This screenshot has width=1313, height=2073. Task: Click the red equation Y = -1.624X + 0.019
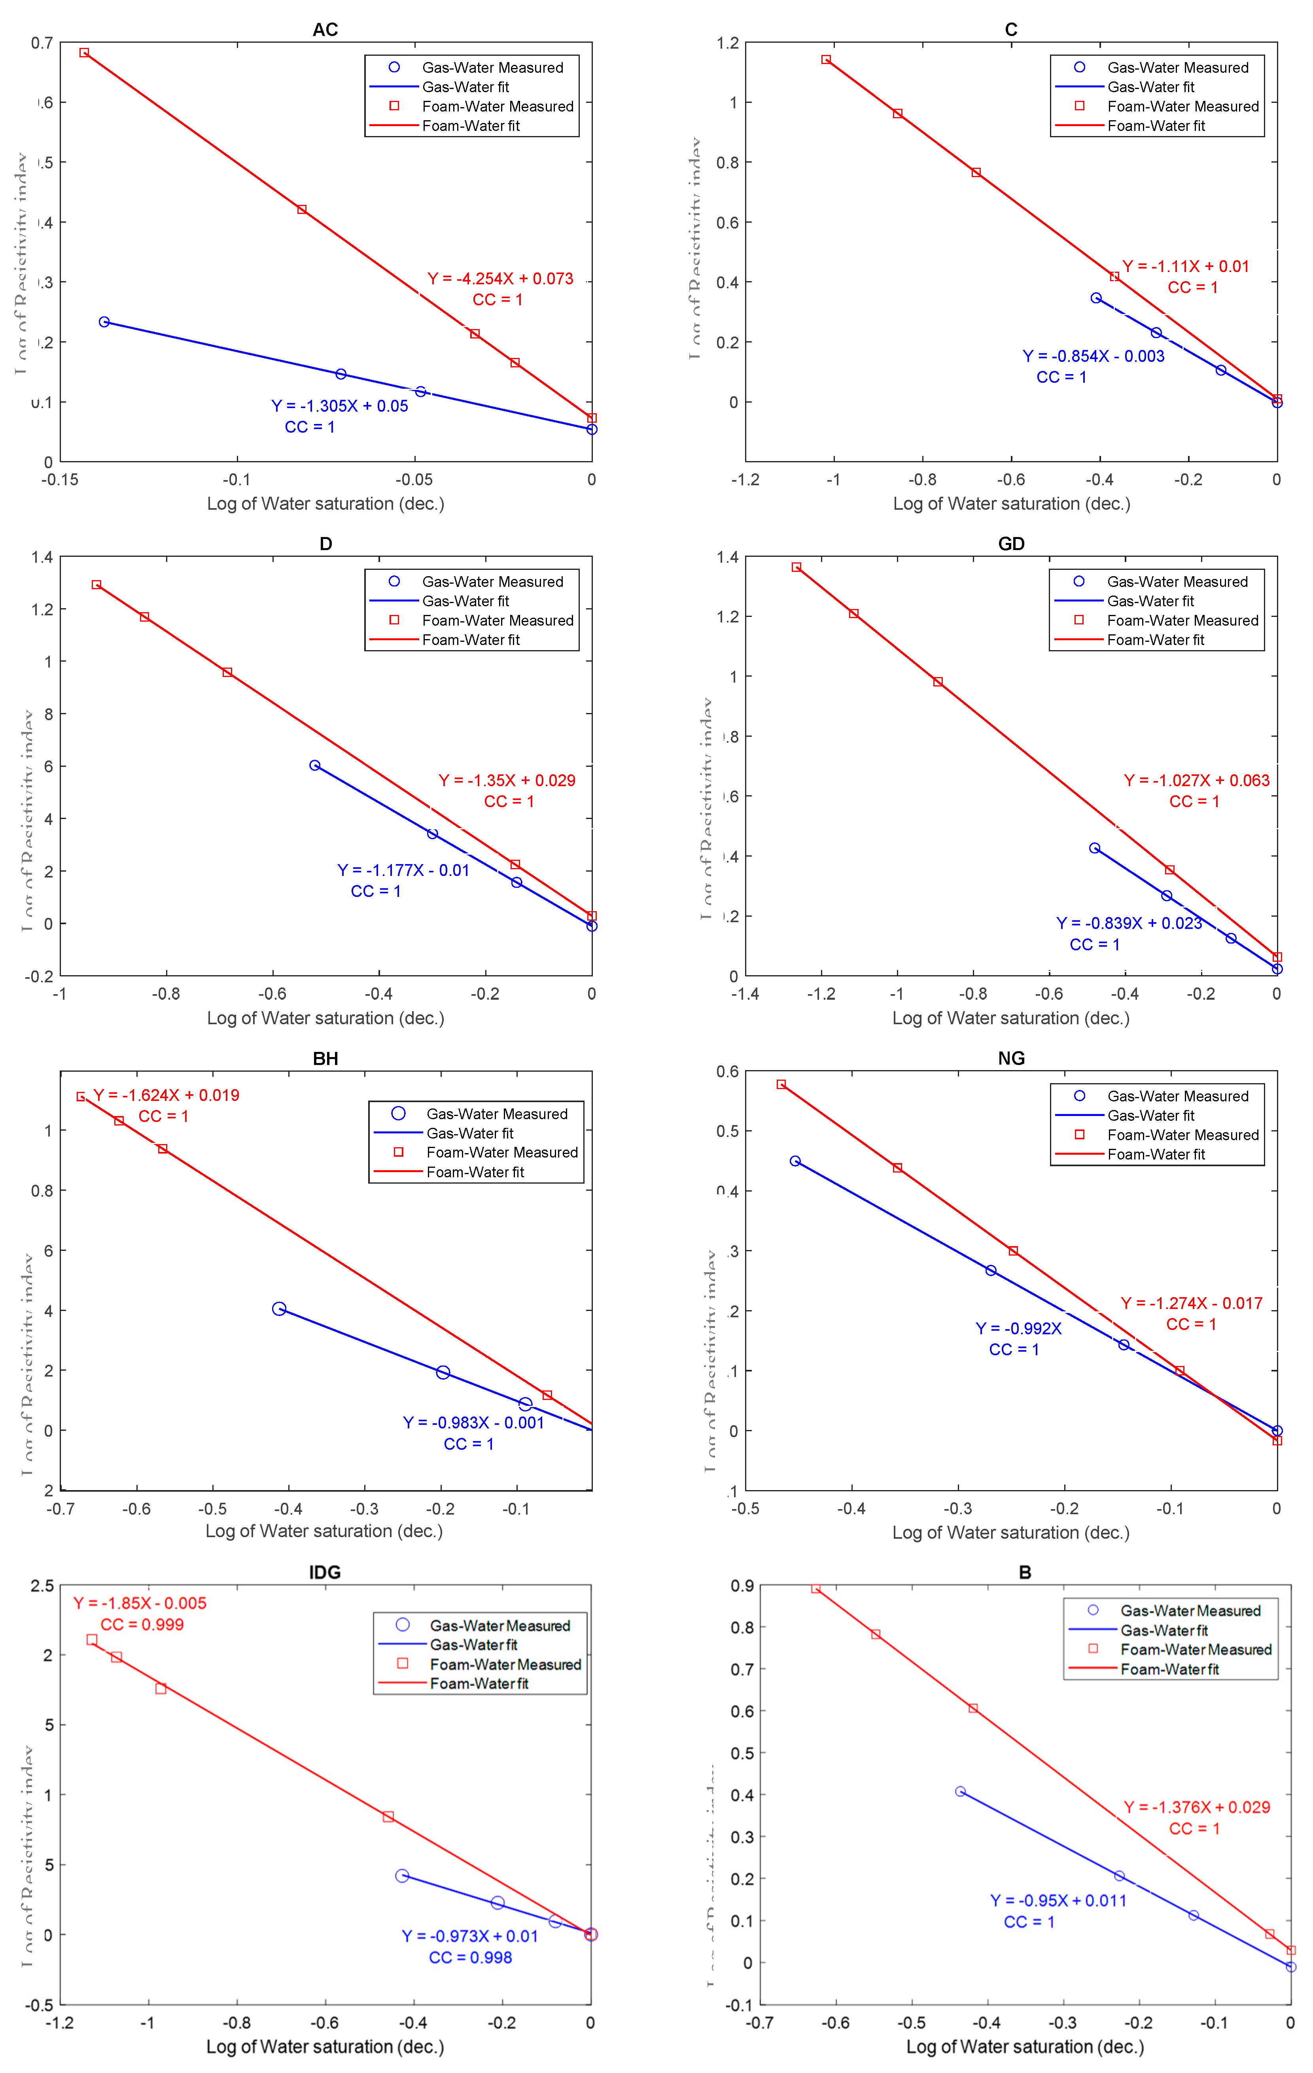pyautogui.click(x=166, y=1095)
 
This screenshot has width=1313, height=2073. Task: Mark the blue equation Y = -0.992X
pyautogui.click(x=1018, y=1328)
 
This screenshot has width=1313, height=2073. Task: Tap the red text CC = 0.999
pyautogui.click(x=142, y=1625)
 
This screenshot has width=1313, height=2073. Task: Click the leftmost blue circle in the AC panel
pyautogui.click(x=104, y=322)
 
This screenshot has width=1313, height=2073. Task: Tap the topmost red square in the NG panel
pyautogui.click(x=781, y=1085)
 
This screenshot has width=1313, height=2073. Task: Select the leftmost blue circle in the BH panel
pyautogui.click(x=279, y=1309)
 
